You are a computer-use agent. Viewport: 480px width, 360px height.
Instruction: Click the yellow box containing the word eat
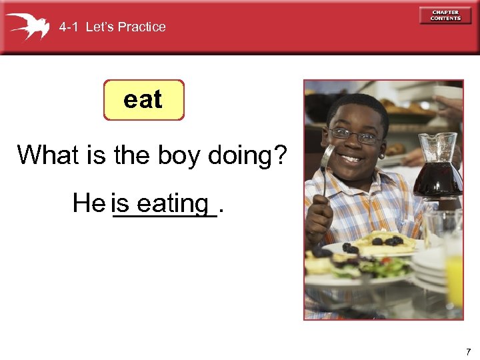[x=143, y=100]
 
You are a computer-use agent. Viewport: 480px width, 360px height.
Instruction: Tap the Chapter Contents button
[x=445, y=15]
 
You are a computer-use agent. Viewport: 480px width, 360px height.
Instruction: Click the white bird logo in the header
[x=27, y=26]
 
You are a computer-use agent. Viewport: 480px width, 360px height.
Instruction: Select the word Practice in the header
[x=141, y=27]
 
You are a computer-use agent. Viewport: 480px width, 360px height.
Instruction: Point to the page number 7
[x=468, y=351]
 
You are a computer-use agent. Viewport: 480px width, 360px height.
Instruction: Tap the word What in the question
[x=48, y=155]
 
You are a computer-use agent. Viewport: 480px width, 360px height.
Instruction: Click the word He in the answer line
[x=89, y=203]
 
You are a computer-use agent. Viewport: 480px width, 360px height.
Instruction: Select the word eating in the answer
[x=173, y=203]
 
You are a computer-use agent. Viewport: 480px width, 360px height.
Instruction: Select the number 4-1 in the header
[x=69, y=27]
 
